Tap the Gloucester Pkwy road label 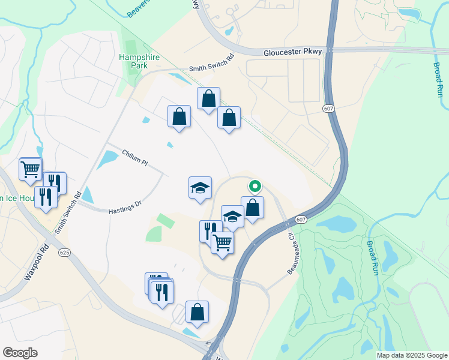293,53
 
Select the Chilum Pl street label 135,158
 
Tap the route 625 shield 65,253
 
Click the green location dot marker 255,187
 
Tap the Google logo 20,353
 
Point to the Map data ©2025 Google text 411,355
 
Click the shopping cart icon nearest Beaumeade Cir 222,242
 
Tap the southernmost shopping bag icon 197,312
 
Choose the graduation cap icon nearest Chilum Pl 200,188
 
